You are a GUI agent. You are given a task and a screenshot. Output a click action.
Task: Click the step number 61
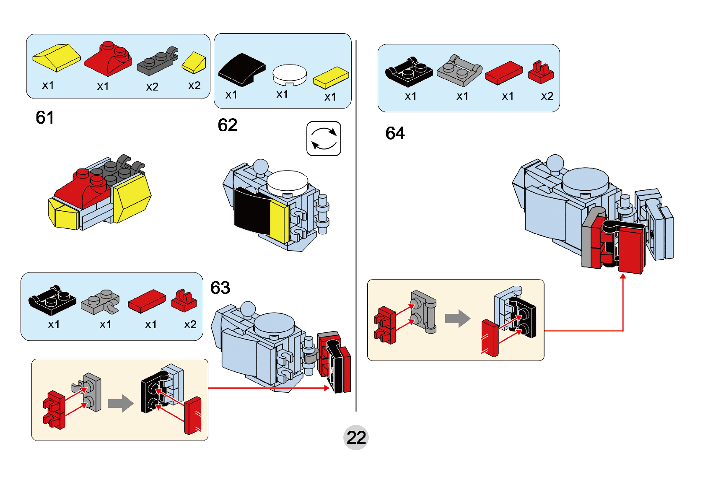45,118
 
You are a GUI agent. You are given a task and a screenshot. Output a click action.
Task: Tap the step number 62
228,125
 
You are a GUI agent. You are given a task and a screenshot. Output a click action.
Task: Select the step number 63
220,288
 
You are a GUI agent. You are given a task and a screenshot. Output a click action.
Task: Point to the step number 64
395,133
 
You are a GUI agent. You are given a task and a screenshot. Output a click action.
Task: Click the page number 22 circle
356,438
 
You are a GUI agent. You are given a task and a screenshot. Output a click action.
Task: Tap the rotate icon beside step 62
324,139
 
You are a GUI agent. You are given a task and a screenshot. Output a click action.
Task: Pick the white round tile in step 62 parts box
289,75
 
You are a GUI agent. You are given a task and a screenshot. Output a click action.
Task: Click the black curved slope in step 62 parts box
241,70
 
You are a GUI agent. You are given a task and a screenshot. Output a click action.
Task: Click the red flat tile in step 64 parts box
504,73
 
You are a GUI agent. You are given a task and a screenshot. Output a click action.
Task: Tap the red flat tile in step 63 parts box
147,301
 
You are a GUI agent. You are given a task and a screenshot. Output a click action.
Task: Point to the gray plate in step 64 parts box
459,70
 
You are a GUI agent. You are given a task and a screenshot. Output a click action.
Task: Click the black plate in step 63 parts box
52,300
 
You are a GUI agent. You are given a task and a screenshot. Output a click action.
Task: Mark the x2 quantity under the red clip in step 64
547,96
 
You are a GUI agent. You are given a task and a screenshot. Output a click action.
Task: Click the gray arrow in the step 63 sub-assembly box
121,403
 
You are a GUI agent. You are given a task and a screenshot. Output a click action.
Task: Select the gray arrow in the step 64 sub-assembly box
457,319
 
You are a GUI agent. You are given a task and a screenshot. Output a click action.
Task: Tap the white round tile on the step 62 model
287,182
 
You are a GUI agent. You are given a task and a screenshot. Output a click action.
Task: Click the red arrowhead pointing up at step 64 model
623,276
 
